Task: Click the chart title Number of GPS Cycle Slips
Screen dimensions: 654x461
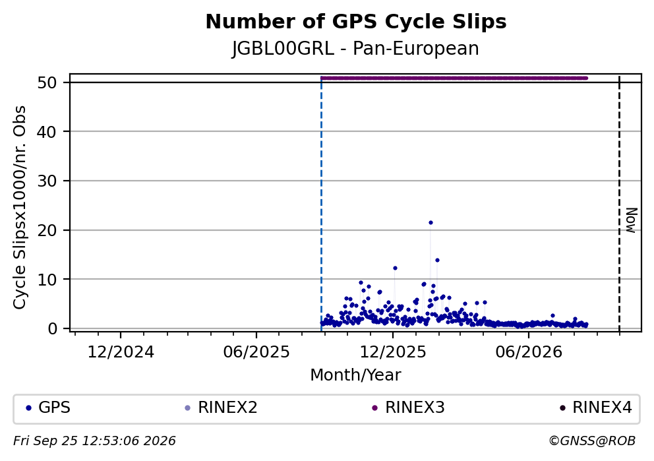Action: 356,22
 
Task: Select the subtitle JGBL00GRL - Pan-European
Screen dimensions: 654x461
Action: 355,48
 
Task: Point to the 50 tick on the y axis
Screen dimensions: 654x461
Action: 47,82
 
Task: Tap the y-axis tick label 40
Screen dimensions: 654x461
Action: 47,132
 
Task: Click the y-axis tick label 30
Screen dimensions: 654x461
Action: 47,181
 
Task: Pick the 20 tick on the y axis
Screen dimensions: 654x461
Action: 47,230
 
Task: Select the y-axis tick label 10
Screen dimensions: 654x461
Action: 47,280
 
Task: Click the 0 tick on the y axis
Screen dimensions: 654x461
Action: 52,328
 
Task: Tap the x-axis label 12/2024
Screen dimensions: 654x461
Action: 121,352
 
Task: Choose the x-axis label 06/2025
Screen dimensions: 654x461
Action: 256,352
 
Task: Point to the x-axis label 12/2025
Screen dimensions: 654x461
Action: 393,352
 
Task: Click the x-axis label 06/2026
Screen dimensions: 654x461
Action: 529,352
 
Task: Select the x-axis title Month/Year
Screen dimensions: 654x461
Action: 355,375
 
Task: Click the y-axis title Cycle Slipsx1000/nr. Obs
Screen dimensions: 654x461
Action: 20,207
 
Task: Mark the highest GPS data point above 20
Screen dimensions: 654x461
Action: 431,223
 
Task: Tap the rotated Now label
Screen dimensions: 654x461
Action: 632,220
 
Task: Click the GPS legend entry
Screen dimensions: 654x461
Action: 48,408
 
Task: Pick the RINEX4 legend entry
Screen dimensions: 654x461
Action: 596,408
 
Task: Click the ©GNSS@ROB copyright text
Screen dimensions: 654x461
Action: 592,441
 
